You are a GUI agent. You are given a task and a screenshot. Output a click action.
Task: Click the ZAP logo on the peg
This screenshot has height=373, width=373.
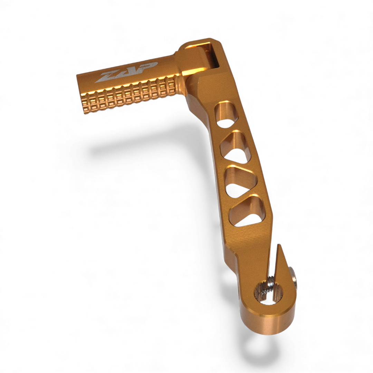tap(126, 72)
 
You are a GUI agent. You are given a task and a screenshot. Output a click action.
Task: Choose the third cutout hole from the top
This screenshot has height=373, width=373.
tap(242, 181)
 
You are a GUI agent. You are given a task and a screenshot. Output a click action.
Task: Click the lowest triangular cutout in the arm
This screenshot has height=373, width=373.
tap(248, 212)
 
